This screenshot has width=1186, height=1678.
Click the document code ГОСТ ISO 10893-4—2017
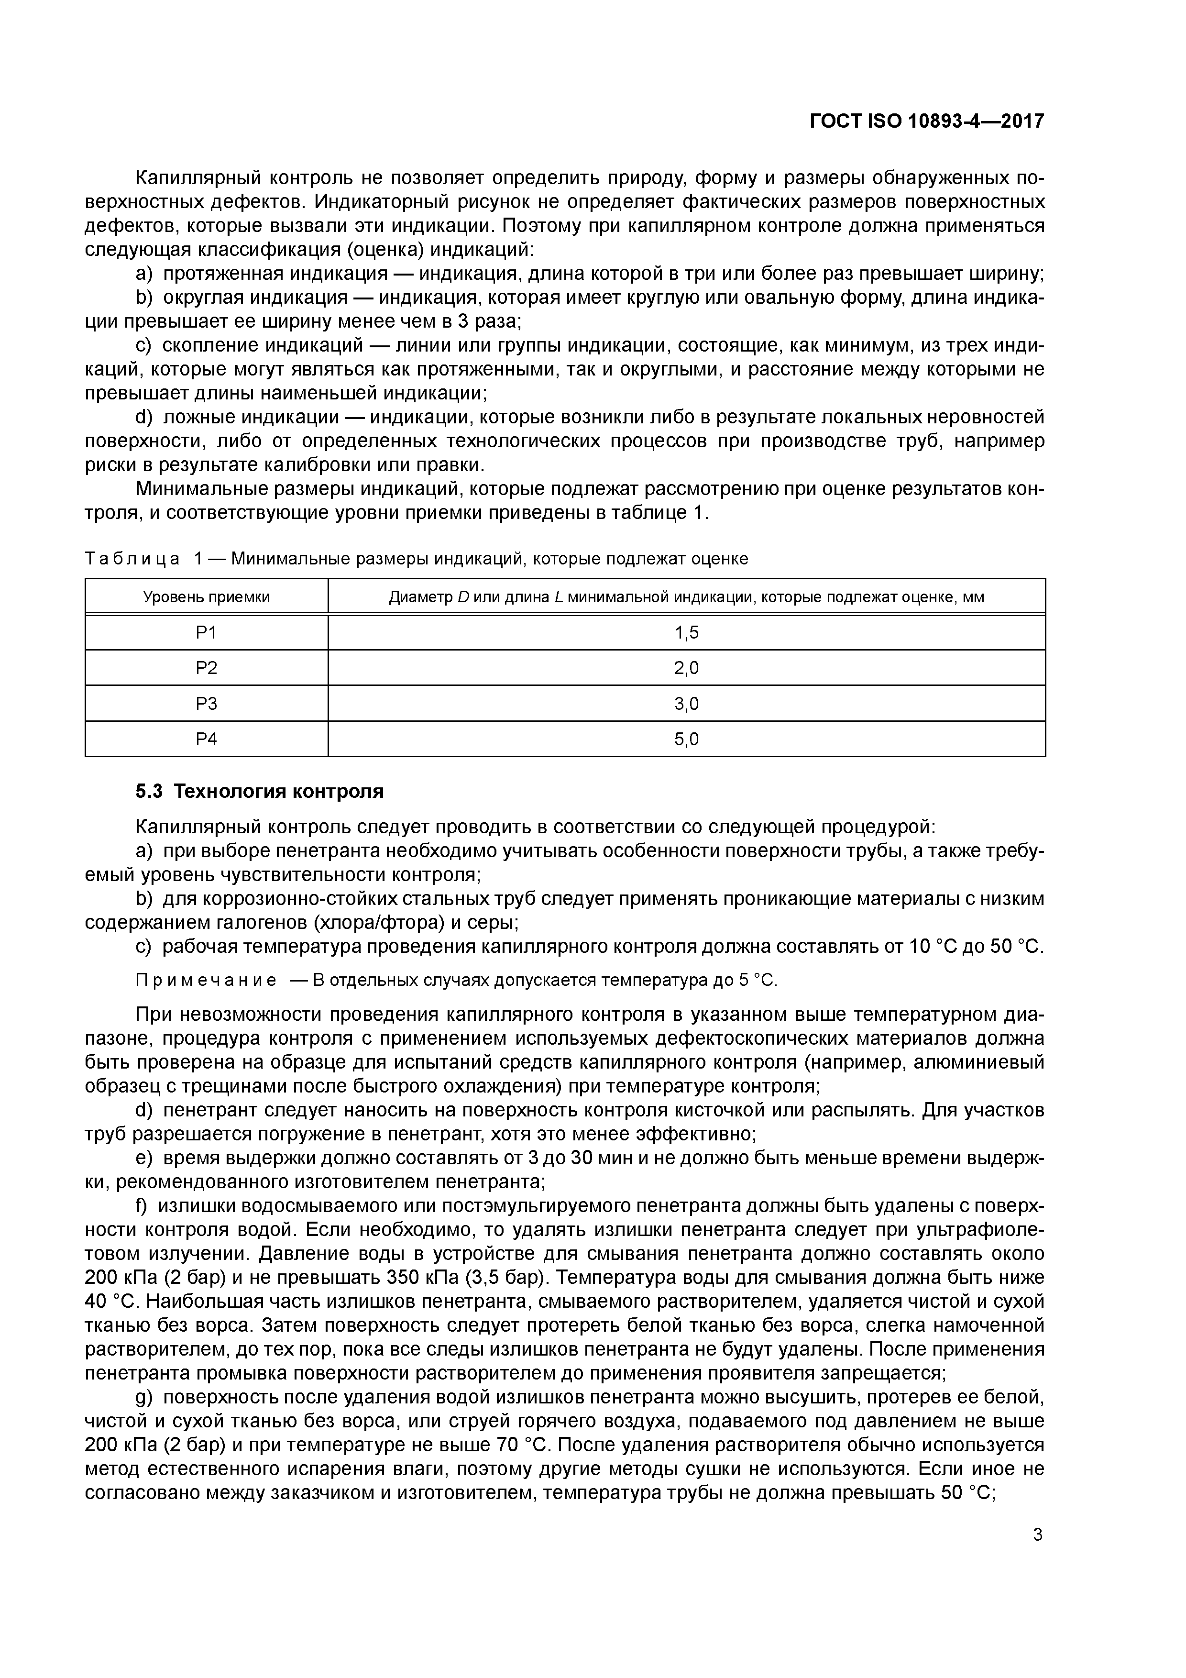pos(927,121)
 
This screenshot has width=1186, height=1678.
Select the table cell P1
pos(207,633)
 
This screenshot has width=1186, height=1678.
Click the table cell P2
pos(207,668)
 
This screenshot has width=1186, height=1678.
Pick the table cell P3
pos(207,704)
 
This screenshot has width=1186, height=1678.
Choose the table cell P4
pos(207,739)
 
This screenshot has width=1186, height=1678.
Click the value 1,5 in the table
pos(686,633)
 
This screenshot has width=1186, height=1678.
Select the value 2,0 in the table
pos(686,668)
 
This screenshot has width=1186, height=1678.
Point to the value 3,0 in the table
pos(686,704)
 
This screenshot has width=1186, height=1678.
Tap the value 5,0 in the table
pos(686,739)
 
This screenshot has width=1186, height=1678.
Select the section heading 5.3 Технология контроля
pos(259,792)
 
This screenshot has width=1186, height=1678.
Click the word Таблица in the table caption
pos(132,559)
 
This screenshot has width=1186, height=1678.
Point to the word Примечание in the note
pos(206,980)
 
